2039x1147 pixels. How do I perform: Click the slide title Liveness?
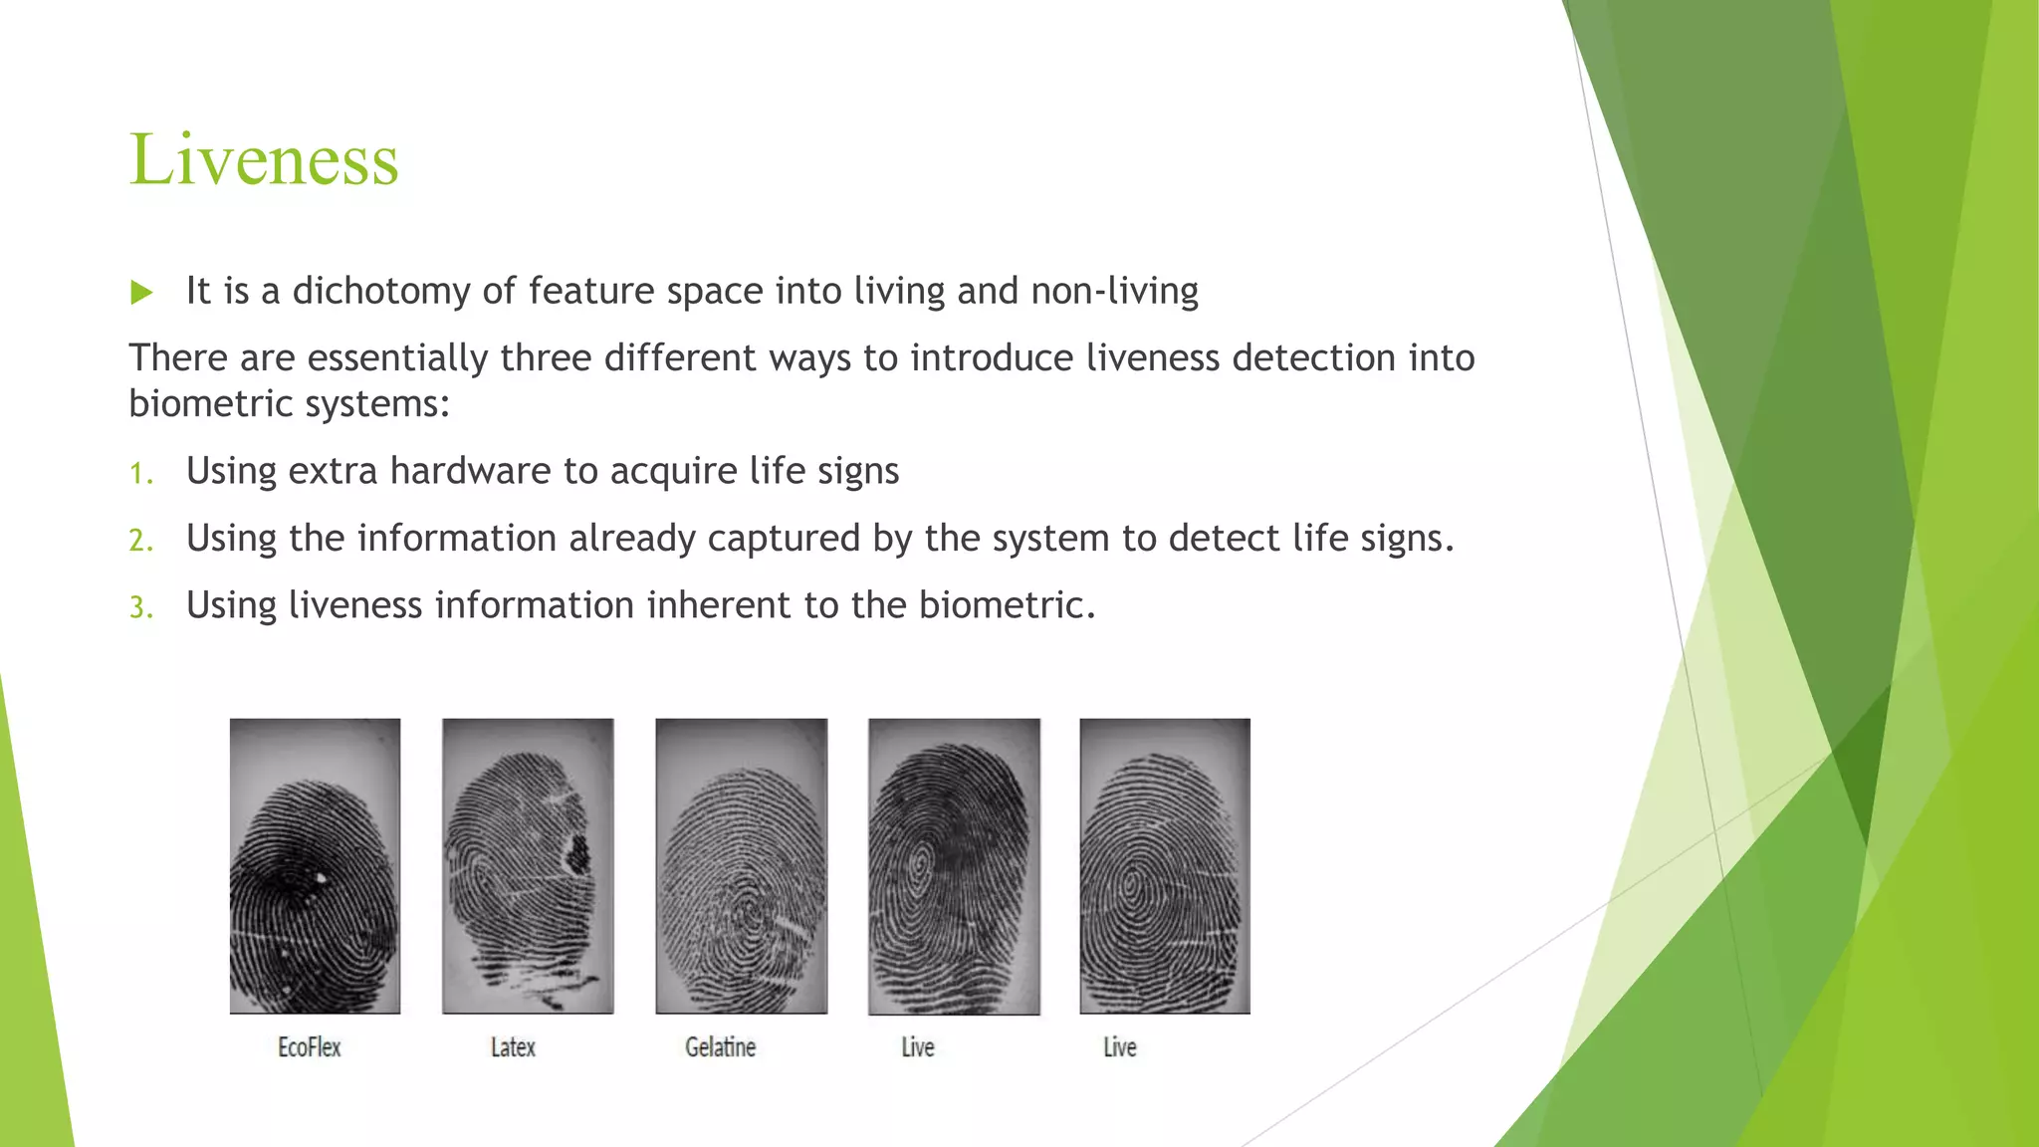click(x=264, y=159)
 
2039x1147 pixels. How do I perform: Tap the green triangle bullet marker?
click(x=141, y=293)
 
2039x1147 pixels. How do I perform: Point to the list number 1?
click(x=141, y=473)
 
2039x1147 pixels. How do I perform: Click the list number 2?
click(x=141, y=541)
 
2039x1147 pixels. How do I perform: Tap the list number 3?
click(x=141, y=607)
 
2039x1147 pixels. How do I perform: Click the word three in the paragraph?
click(x=545, y=357)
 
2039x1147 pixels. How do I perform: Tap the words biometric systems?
click(x=290, y=404)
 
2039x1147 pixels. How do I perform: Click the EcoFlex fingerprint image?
click(x=315, y=866)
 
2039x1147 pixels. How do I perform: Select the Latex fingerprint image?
click(x=528, y=866)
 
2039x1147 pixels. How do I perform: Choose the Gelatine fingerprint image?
click(x=741, y=866)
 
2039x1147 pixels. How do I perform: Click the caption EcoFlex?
click(x=310, y=1047)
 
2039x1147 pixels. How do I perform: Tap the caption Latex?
click(x=513, y=1047)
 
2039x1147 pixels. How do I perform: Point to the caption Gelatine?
click(x=721, y=1047)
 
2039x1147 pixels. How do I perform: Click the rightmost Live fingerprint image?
click(x=1165, y=866)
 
